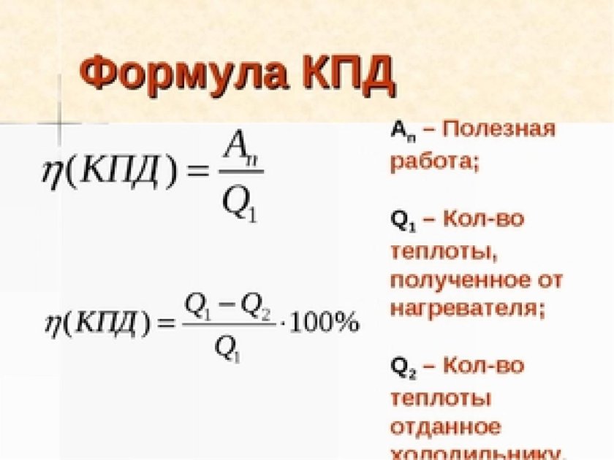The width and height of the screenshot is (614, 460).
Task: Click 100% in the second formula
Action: (325, 322)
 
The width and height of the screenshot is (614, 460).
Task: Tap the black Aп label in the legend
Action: (401, 131)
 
